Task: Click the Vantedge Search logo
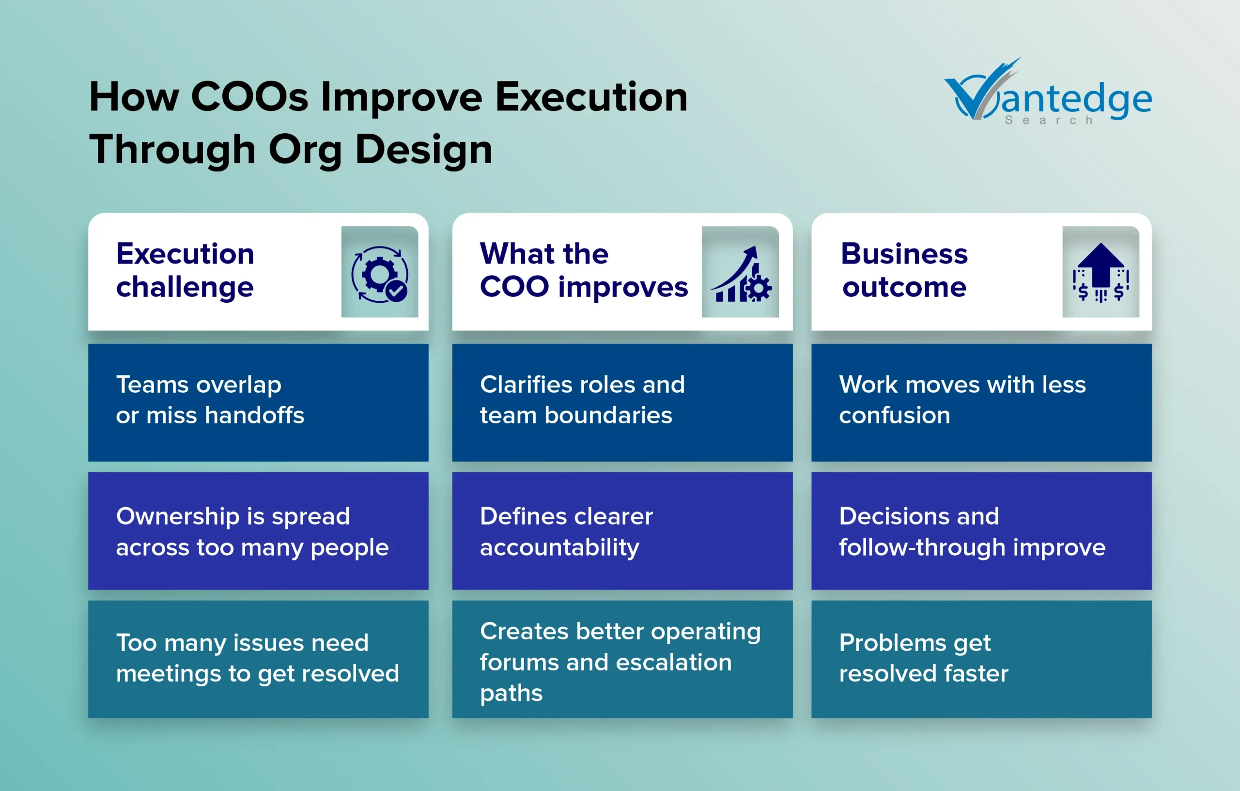(x=1048, y=92)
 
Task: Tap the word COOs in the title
(x=250, y=96)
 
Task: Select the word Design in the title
(x=423, y=149)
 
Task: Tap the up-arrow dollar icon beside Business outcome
(x=1101, y=272)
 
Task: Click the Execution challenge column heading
(x=185, y=271)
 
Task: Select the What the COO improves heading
(x=584, y=271)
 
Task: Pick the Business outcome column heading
(x=904, y=270)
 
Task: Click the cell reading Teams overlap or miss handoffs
(x=258, y=402)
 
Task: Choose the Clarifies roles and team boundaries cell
(x=622, y=402)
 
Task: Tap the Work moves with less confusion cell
(x=981, y=402)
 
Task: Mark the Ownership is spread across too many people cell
(x=258, y=531)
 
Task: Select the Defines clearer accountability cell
(x=622, y=531)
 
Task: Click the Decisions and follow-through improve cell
(x=981, y=531)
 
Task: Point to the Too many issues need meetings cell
(x=258, y=659)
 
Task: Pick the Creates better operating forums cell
(x=622, y=659)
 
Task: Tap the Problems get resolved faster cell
(x=981, y=659)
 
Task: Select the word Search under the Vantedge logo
(x=1049, y=120)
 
